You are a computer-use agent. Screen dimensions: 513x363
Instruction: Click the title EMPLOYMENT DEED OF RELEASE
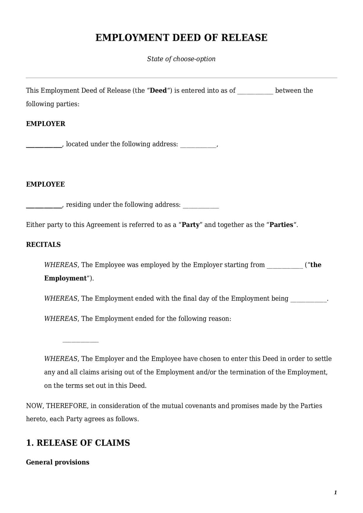tap(181, 38)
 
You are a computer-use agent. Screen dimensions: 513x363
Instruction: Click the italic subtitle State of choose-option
tap(181, 59)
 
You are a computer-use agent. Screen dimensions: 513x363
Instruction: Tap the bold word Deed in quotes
tap(158, 91)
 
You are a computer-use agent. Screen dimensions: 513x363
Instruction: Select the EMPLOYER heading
tap(46, 124)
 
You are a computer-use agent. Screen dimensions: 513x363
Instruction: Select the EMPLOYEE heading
tap(45, 184)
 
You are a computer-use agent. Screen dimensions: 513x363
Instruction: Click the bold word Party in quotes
tap(191, 225)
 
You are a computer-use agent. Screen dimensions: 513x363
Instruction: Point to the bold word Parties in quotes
tap(281, 225)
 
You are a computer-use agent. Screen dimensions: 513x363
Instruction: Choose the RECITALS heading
tap(43, 245)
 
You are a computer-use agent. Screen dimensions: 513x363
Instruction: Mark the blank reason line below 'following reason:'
tap(80, 341)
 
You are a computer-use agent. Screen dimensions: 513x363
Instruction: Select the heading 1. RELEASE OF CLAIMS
tap(78, 443)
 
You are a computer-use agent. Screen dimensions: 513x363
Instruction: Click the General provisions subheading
tap(58, 462)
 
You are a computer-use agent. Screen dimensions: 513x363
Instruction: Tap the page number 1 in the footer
tap(335, 493)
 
